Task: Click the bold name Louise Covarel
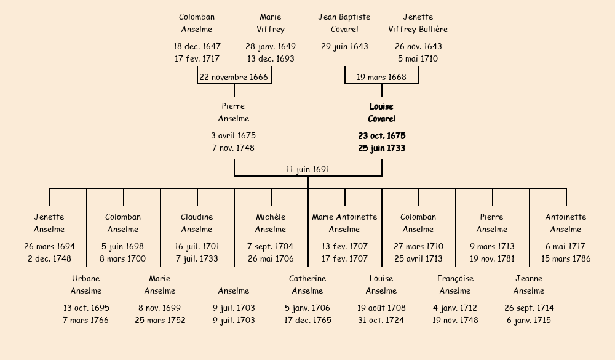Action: (x=381, y=113)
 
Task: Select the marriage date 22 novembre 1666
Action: (x=234, y=77)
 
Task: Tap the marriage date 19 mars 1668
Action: (x=381, y=77)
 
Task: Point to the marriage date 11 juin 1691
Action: (x=307, y=169)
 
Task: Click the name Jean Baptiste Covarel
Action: (x=344, y=23)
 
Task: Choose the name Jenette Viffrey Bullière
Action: (x=418, y=23)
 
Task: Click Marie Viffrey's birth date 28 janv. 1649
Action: (x=271, y=46)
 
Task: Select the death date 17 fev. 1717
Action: (x=197, y=58)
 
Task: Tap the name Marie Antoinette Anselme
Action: (x=344, y=223)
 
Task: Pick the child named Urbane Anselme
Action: (x=86, y=284)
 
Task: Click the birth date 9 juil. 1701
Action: (x=234, y=308)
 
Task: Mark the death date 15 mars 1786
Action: (x=566, y=258)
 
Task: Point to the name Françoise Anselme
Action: (x=455, y=284)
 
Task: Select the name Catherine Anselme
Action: (x=307, y=284)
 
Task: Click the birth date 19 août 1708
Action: (x=381, y=308)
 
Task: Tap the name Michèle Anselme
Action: (x=271, y=223)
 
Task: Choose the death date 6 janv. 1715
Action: (x=529, y=320)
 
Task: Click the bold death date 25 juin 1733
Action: (x=381, y=148)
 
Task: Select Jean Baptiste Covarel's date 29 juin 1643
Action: (x=344, y=46)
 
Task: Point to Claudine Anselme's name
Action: (x=197, y=223)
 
